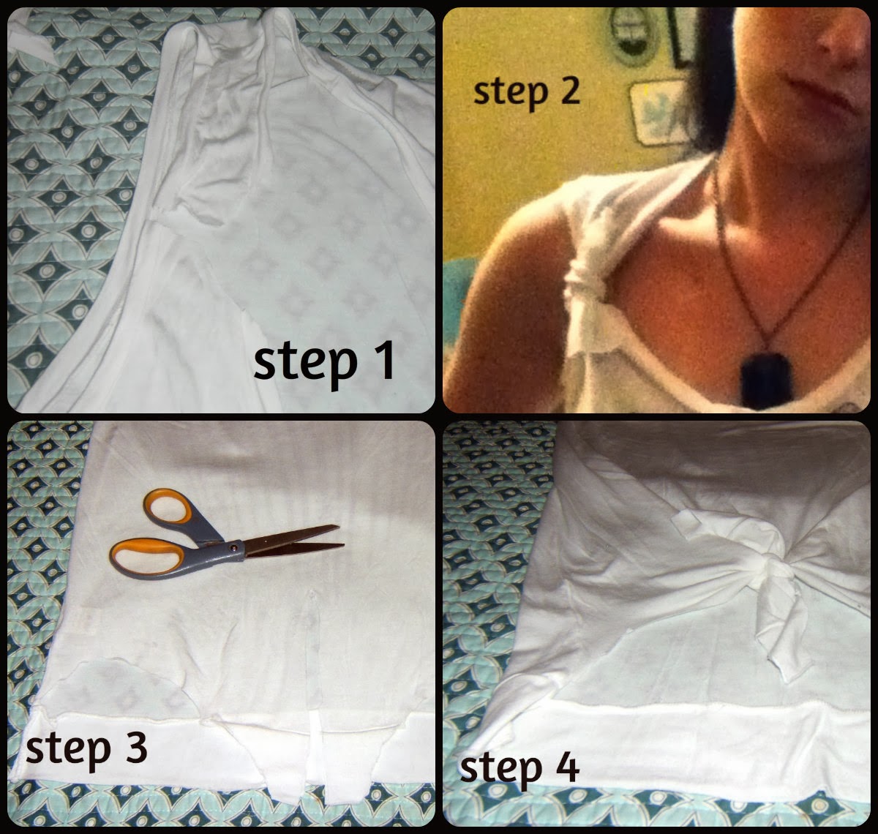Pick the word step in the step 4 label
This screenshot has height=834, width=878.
[500, 770]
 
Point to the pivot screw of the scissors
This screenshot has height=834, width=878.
[232, 546]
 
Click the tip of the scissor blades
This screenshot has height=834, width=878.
[343, 544]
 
